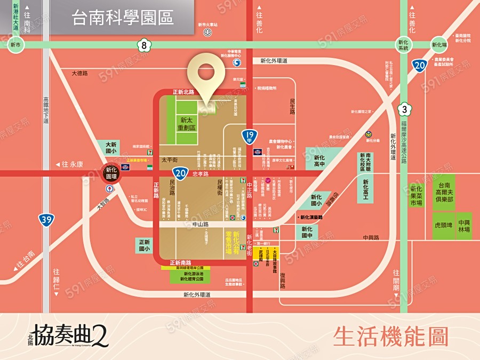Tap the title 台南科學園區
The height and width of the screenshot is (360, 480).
coord(123,18)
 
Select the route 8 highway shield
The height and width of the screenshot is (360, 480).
coord(144,45)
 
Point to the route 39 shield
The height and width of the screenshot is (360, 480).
coord(45,219)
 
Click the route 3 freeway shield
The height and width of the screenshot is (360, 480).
coord(405,110)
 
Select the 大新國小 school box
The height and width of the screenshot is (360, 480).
coord(111,148)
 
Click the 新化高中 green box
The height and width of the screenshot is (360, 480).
coord(319,162)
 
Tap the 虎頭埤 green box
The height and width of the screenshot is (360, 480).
coord(443,226)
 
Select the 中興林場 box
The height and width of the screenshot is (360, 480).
coord(464,226)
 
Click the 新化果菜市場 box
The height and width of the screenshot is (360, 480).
coord(416,196)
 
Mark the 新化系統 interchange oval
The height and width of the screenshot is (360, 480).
coord(404,45)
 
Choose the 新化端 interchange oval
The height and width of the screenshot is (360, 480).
coord(439,45)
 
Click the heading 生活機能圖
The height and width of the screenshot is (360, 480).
coord(390,337)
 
